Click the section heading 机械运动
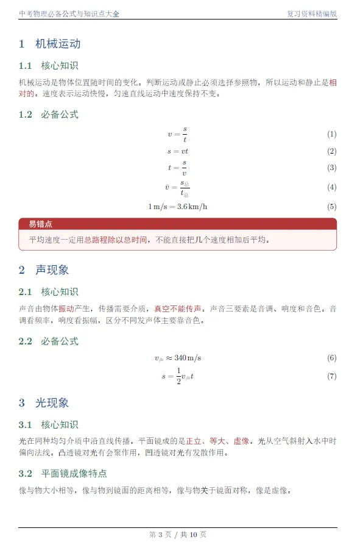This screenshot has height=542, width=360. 58,44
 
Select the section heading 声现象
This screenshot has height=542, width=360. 52,269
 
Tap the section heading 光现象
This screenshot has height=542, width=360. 52,402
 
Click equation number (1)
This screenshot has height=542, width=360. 331,134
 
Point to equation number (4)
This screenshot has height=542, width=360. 331,187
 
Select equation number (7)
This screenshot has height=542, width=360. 331,376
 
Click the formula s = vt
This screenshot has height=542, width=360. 178,151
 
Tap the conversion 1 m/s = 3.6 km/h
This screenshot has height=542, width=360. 178,206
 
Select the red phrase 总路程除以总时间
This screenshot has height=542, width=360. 115,240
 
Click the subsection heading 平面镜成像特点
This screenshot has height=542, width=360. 74,473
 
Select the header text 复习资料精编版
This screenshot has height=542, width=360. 311,13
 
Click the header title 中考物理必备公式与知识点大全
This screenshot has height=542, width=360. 69,13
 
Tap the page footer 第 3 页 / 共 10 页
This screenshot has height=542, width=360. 178,535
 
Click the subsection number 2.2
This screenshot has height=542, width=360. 25,341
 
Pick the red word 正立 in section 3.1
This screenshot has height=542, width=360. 194,440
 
